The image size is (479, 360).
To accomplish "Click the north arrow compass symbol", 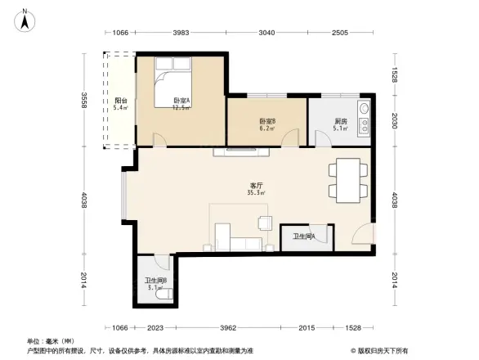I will tap(25, 18).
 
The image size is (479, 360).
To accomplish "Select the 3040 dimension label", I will tap(266, 33).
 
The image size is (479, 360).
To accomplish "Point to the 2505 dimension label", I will tap(340, 33).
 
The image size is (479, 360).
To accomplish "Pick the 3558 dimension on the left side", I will tap(84, 101).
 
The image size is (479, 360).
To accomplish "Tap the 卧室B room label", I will tap(266, 124).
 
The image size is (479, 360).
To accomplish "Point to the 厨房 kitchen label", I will tap(341, 124).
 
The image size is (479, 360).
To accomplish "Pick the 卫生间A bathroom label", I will tap(304, 237).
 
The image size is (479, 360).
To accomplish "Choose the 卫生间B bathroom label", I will tap(155, 282).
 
